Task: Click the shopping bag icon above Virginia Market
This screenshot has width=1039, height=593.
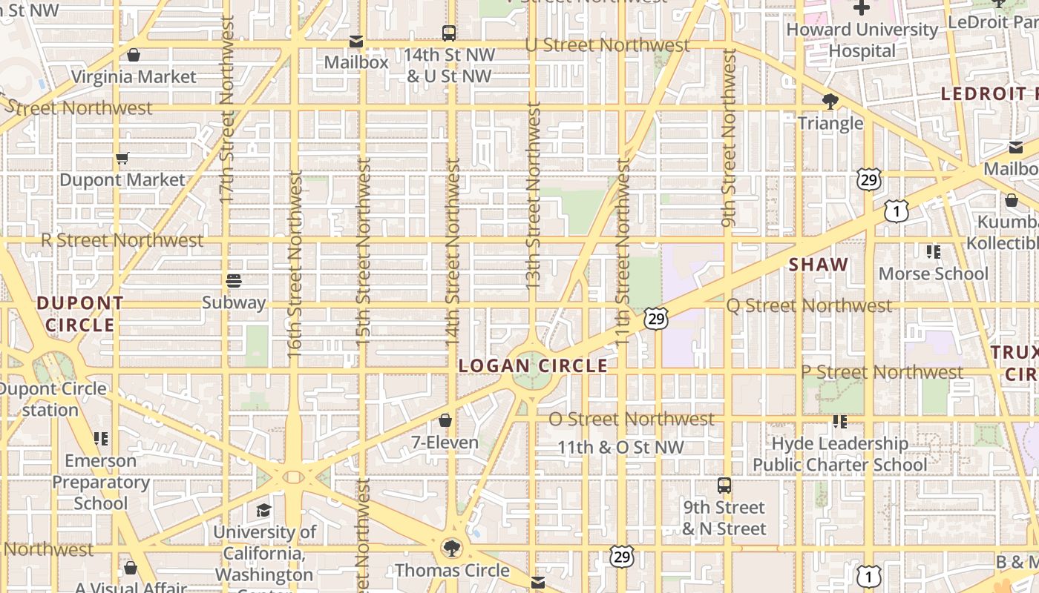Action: (134, 55)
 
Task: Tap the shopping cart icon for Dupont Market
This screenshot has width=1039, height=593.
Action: (122, 158)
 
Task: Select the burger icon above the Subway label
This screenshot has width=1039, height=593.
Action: (234, 281)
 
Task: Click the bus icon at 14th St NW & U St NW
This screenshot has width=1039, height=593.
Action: (449, 33)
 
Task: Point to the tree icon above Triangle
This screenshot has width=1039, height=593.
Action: (830, 102)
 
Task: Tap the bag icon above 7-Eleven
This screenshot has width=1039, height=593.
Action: (445, 421)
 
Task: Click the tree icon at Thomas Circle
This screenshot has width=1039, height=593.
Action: (451, 549)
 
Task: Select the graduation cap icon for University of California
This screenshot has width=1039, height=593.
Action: (263, 511)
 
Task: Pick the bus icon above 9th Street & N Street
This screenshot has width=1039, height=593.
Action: (724, 486)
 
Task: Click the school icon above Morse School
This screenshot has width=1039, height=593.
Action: (934, 252)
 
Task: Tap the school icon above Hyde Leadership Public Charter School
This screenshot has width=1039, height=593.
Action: (840, 422)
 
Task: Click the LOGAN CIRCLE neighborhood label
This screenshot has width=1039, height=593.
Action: (533, 365)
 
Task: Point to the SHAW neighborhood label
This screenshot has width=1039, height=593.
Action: (819, 265)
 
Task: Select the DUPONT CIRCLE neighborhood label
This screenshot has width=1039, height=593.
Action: (80, 314)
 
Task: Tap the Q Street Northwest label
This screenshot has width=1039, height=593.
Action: (809, 305)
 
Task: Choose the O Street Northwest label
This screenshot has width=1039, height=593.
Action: (631, 419)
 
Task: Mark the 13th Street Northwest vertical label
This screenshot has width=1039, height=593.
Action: (533, 196)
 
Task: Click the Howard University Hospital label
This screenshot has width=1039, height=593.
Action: (862, 40)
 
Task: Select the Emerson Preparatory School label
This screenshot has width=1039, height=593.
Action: (101, 482)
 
